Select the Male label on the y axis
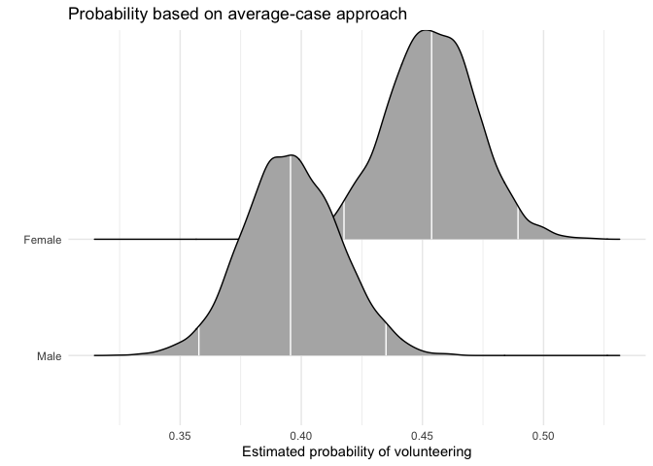[50, 356]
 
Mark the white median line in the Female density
[431, 136]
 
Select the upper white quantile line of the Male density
[386, 338]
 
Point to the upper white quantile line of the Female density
[518, 224]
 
